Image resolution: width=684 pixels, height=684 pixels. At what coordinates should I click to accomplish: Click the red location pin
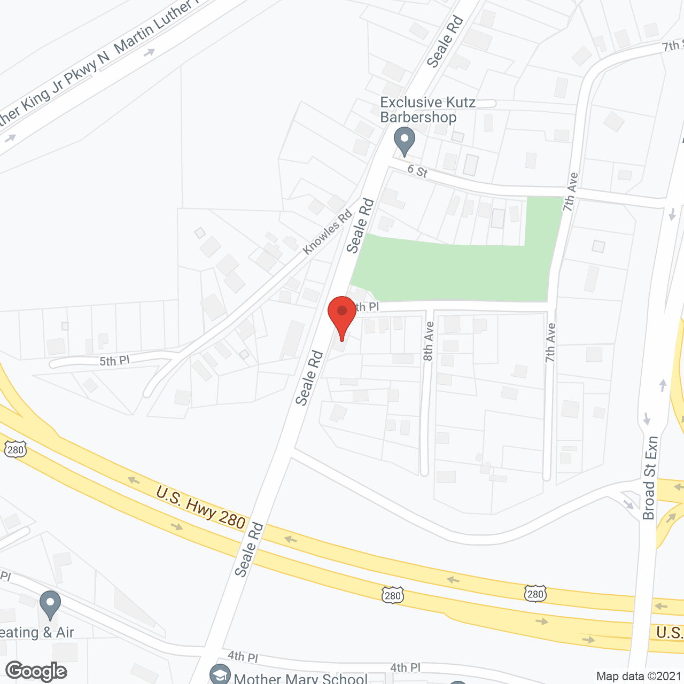[x=342, y=316]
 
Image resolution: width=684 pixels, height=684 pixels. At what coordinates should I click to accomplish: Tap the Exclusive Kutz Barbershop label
[x=427, y=110]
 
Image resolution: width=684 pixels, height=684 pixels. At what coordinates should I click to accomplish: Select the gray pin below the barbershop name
[x=405, y=141]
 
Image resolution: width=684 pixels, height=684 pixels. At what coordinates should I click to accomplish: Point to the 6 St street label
[x=417, y=171]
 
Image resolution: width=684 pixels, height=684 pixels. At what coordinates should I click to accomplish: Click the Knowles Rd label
[x=328, y=232]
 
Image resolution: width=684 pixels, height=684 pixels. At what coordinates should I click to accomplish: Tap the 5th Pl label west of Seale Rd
[x=114, y=361]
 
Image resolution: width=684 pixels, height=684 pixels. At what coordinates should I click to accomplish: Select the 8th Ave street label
[x=428, y=341]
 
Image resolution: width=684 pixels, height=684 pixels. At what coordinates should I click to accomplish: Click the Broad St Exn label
[x=650, y=478]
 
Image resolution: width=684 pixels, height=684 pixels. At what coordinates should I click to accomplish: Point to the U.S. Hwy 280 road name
[x=201, y=507]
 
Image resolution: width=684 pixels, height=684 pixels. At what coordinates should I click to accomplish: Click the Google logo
[x=36, y=671]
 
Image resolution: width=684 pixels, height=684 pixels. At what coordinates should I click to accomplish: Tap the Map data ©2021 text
[x=639, y=676]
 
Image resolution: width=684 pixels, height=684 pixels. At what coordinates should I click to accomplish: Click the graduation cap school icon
[x=220, y=674]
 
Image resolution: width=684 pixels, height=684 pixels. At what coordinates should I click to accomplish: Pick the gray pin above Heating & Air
[x=50, y=604]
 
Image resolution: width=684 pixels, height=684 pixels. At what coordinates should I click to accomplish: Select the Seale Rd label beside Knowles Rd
[x=360, y=226]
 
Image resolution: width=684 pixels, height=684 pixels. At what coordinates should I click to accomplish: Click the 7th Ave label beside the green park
[x=570, y=191]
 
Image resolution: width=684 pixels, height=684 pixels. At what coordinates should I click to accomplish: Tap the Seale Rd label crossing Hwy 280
[x=249, y=550]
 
